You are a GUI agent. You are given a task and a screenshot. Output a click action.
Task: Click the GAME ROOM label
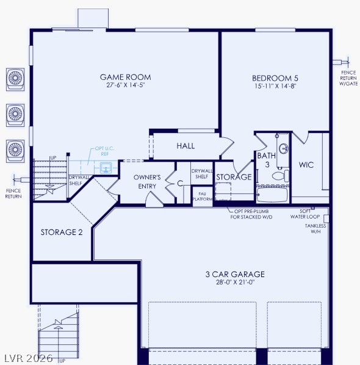125,77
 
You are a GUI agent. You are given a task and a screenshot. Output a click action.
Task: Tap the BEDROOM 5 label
275,78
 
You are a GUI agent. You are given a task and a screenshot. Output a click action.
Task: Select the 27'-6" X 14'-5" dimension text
125,86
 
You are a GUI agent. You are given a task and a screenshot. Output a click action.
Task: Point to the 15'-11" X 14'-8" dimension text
275,87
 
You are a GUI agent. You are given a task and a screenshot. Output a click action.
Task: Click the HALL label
185,146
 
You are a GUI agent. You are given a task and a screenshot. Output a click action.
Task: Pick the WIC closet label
306,165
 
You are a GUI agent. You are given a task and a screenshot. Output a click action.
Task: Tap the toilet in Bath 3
278,176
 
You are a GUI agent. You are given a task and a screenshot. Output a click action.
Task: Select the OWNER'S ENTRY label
147,181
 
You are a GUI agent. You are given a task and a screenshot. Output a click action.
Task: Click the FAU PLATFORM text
202,196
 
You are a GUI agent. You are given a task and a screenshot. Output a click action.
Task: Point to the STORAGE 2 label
62,232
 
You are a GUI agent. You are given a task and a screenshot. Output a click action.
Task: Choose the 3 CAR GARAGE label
235,274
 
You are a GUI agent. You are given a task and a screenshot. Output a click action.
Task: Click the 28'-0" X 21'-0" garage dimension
235,283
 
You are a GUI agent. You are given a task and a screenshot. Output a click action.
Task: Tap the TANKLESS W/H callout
315,229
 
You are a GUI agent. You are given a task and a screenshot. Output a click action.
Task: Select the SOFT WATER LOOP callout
304,214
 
